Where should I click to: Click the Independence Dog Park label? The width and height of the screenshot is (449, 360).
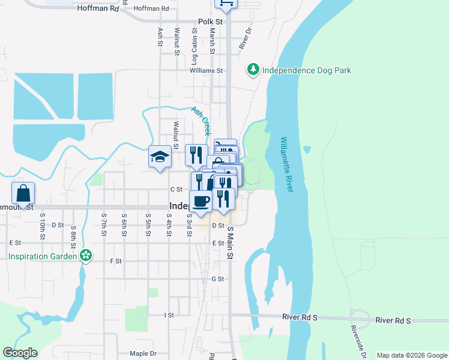click(306, 70)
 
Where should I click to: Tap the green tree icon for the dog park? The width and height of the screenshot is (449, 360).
click(254, 70)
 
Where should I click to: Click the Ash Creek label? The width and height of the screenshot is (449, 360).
click(201, 120)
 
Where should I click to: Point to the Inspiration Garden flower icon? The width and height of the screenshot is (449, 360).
click(86, 256)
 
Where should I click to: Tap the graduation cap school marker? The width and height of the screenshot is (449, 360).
click(160, 157)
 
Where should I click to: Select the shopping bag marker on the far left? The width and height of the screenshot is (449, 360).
click(23, 194)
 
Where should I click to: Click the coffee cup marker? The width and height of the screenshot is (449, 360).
click(200, 201)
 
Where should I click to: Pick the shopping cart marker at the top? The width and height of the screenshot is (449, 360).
click(226, 4)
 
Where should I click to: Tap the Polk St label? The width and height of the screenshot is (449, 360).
click(210, 22)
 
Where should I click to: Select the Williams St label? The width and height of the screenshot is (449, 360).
click(206, 70)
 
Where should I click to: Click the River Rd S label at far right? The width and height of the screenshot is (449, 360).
click(393, 320)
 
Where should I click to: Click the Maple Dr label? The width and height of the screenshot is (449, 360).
click(143, 353)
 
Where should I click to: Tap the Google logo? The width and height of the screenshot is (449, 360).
click(20, 353)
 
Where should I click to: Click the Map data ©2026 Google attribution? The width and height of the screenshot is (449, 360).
click(411, 355)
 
